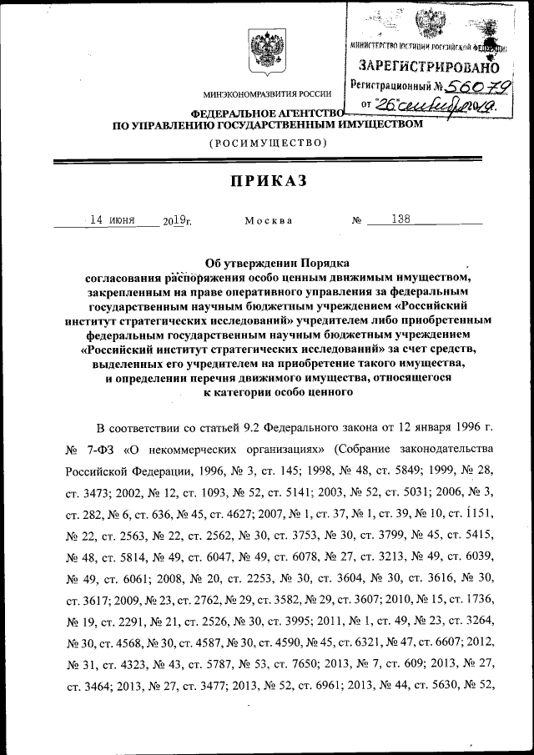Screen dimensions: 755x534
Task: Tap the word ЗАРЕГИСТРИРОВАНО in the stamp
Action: (429, 65)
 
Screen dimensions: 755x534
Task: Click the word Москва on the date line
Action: (268, 221)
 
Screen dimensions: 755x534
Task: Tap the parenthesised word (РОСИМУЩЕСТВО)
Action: (267, 143)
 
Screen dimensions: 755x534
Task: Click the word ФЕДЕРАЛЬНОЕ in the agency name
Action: (231, 113)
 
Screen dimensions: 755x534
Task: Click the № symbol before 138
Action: (357, 221)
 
